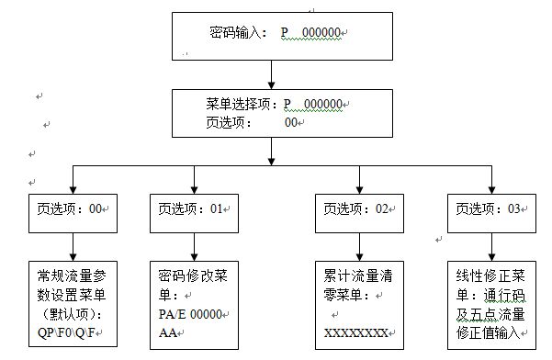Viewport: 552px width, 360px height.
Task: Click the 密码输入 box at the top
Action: pos(269,36)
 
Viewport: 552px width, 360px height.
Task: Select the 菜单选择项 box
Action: pos(269,113)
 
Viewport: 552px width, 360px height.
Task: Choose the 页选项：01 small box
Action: pos(193,208)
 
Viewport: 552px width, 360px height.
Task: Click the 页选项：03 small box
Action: pos(490,208)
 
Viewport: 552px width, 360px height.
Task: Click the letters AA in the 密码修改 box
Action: pos(165,332)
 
